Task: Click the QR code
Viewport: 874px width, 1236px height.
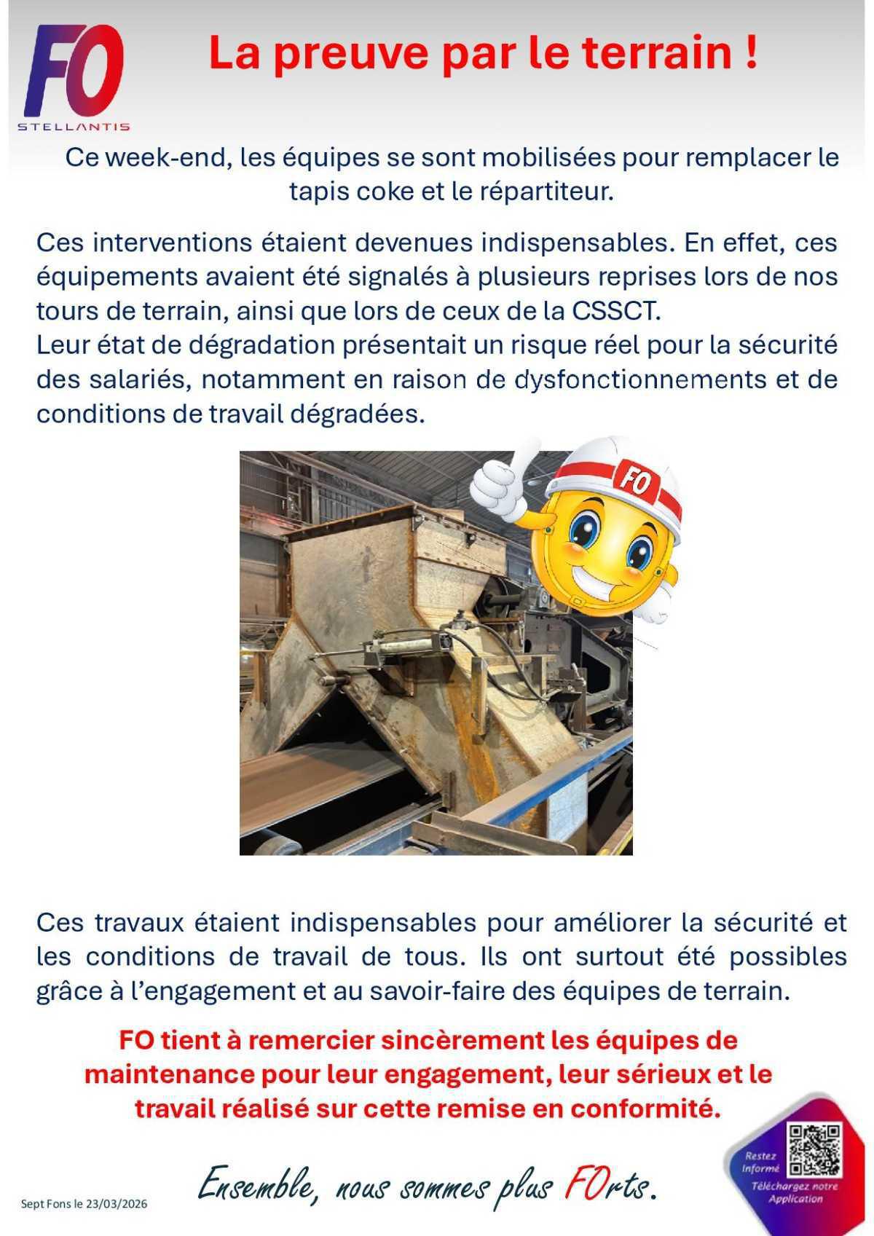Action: pyautogui.click(x=814, y=1151)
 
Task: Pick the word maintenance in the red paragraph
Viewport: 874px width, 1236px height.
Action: pyautogui.click(x=164, y=1074)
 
